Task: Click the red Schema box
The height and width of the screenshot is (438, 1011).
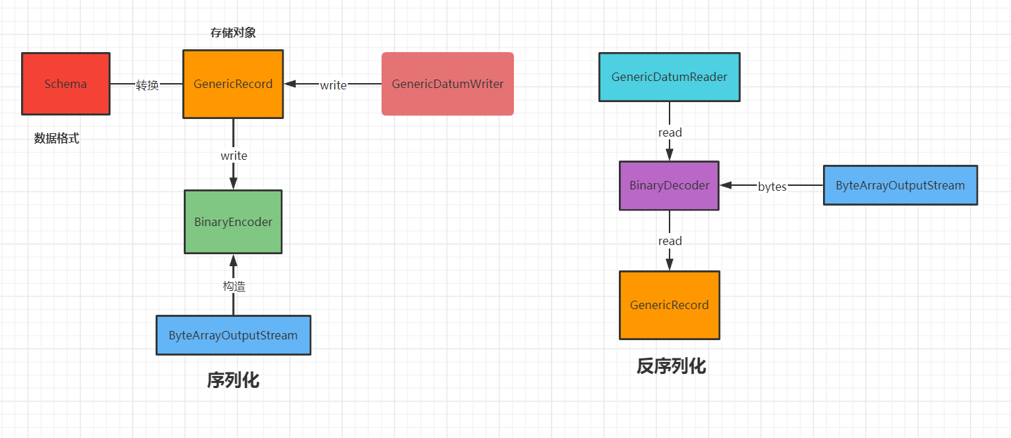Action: [65, 84]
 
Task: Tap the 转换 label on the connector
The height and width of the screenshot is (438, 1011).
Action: [147, 85]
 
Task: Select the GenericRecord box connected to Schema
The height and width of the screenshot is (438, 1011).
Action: [233, 84]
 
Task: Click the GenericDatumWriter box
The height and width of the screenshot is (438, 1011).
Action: [448, 84]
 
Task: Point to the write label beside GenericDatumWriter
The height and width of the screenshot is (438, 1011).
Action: [333, 85]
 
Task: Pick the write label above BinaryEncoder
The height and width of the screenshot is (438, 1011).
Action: [234, 156]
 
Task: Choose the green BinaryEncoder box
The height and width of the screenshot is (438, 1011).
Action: [233, 222]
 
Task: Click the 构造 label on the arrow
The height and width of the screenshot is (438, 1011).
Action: [234, 286]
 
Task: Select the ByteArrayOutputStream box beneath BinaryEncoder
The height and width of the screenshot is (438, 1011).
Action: [233, 335]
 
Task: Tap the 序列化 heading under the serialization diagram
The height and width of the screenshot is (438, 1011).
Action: [233, 380]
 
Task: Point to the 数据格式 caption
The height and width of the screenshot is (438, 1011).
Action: [57, 139]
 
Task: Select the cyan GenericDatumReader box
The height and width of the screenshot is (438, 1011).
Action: [669, 77]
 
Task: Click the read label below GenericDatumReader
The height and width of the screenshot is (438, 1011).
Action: [670, 132]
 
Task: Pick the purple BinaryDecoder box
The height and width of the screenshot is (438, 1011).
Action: [669, 186]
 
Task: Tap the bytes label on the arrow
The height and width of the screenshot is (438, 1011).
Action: [772, 187]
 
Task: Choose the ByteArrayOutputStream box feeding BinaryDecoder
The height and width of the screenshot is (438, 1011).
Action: [900, 185]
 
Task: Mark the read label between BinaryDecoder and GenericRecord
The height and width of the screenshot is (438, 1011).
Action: [670, 241]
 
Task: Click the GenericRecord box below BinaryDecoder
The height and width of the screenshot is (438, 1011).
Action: [669, 305]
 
